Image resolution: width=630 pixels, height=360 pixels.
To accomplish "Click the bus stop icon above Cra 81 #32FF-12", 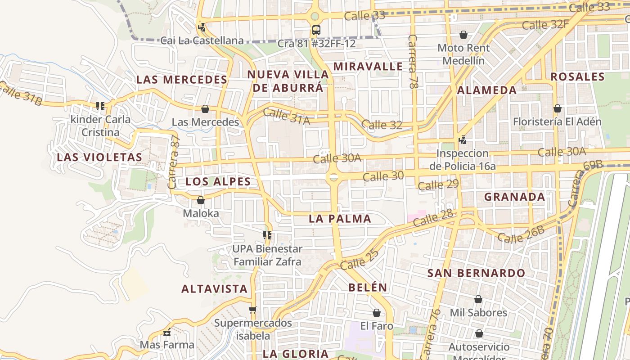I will pos(316,30).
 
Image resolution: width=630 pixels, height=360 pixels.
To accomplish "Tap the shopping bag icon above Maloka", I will pos(201,200).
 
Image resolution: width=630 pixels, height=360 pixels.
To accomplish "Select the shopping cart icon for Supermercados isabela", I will pos(252,310).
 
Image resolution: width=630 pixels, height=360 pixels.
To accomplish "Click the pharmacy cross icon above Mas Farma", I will pos(167,333).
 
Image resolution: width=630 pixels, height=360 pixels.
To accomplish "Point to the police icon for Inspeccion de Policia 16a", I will pos(462,140).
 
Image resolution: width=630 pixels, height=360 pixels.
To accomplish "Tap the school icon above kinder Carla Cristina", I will pos(100,106).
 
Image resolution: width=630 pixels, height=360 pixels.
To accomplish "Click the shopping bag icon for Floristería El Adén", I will pos(557,108).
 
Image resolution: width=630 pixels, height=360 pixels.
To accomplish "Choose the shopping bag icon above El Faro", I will pos(377,313).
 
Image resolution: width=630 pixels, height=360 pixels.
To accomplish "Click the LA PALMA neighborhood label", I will pos(340,219).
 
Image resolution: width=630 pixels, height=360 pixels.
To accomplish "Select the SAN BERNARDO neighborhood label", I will pos(476,273).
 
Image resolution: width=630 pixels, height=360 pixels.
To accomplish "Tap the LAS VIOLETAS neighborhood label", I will pos(99,157).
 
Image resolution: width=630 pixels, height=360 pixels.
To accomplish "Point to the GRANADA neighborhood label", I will pos(514,197).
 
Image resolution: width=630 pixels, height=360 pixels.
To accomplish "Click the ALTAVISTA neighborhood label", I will pos(214,289).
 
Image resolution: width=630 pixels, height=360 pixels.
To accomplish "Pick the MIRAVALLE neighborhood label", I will pos(368,67).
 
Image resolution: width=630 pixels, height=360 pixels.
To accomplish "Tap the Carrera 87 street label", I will pos(173,162).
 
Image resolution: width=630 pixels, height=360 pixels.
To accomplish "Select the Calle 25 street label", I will pos(360,260).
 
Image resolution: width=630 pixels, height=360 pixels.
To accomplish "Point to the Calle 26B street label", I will pos(521,234).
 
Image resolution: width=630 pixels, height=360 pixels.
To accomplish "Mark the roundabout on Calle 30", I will pos(333,177).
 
